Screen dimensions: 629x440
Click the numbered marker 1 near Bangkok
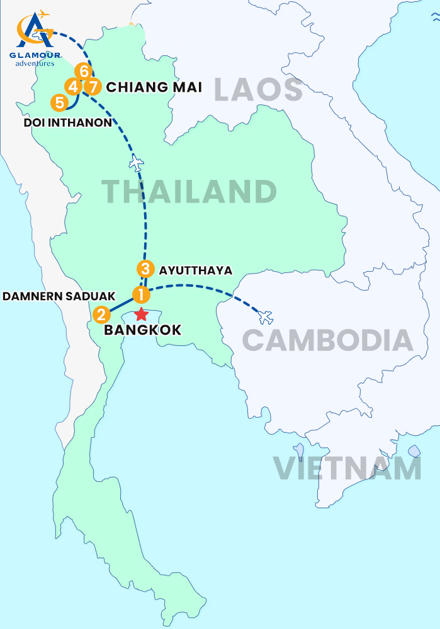(x=141, y=294)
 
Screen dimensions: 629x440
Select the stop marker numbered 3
(x=145, y=269)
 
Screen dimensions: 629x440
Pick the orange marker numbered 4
(x=73, y=86)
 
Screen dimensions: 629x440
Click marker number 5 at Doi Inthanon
(x=59, y=101)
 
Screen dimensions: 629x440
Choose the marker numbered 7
(x=93, y=86)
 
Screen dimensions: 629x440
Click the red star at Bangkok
(x=142, y=314)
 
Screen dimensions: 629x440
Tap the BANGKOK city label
(x=142, y=330)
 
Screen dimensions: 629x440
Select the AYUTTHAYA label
(x=196, y=270)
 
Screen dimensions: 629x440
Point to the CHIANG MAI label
(x=154, y=87)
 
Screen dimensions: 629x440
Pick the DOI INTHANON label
(x=67, y=122)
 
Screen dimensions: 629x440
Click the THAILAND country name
(x=189, y=191)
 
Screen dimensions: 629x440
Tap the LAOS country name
(x=258, y=89)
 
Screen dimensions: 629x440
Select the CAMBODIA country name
(x=327, y=340)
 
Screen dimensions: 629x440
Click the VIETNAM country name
(x=347, y=469)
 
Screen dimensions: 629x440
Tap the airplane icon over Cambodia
(x=266, y=316)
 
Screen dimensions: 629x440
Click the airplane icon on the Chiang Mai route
(x=136, y=163)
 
